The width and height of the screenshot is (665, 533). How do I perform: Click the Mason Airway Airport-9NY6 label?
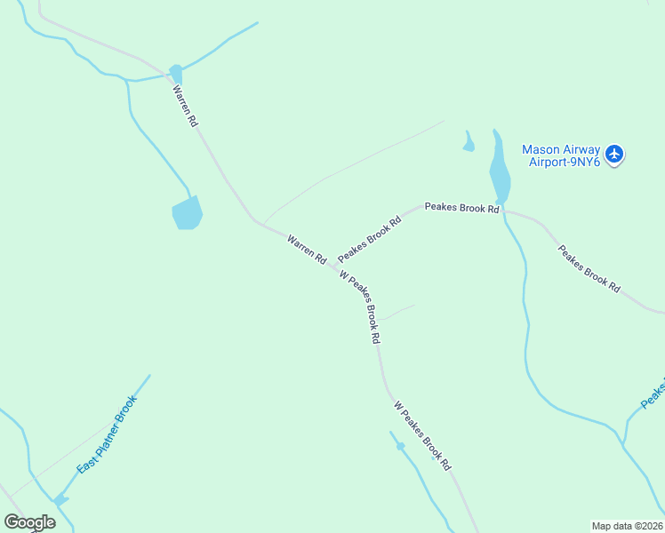[x=561, y=155]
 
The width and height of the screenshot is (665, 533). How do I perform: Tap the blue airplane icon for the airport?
[x=615, y=155]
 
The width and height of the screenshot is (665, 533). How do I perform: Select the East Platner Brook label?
[x=105, y=434]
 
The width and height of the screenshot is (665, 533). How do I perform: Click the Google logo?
[x=29, y=522]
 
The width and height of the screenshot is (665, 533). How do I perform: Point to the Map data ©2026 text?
[x=627, y=526]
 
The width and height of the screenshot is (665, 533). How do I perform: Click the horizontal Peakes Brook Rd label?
[x=461, y=208]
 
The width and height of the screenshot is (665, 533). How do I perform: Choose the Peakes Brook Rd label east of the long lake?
[x=589, y=267]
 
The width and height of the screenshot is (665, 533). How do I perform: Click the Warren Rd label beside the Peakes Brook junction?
[x=307, y=248]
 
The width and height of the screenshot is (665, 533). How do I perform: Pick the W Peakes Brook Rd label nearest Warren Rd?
[x=360, y=307]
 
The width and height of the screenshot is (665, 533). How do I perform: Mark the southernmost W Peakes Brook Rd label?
[x=423, y=435]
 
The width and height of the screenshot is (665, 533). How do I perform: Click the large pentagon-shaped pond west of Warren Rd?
[x=187, y=213]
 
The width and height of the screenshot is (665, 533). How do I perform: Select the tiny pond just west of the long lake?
[x=468, y=143]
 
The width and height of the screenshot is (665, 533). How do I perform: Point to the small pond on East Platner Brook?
[x=60, y=501]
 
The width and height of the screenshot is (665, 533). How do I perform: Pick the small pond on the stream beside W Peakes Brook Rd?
[x=400, y=445]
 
